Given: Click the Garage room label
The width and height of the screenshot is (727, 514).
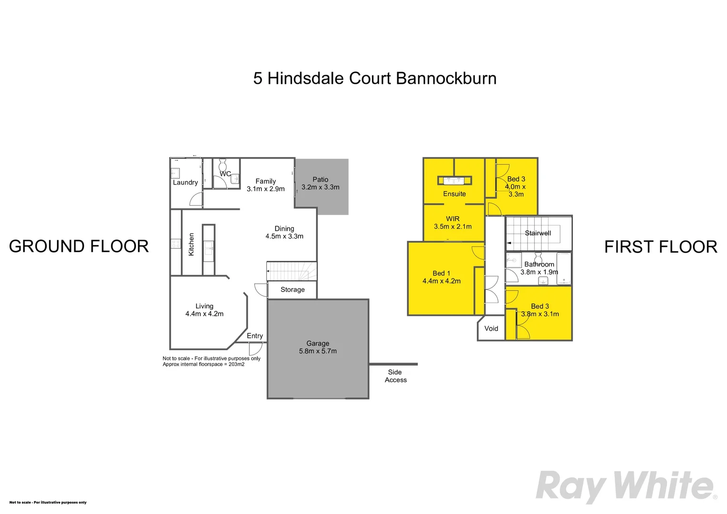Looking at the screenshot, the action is pos(318,343).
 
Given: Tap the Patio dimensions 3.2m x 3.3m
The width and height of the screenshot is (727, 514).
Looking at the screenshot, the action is pos(320,187).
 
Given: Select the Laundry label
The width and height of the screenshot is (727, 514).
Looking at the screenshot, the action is pos(186,182).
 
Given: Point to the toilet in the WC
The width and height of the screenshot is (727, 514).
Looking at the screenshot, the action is pos(223,165).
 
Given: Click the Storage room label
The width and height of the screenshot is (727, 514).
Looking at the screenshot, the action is pos(293,290).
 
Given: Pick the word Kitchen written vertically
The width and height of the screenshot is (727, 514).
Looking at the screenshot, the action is pos(191,244).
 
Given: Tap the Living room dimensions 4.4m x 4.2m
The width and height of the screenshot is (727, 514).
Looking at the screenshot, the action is pos(205,314).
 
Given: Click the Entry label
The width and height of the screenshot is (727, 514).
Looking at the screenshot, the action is pos(255,336).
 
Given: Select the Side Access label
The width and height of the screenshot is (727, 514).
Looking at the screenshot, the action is pos(395,376).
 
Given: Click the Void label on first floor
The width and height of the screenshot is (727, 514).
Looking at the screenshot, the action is pos(491,328).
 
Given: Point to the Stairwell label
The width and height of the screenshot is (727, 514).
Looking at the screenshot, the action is pos(538,233).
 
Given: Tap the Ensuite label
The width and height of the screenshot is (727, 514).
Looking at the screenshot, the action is pos(454,194).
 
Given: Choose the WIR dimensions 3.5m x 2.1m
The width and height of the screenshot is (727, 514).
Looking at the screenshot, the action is pos(453,227).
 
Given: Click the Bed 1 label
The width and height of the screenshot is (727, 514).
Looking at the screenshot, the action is pos(442,273).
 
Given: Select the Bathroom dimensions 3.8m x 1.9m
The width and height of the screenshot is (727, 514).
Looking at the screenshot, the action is pos(539,272).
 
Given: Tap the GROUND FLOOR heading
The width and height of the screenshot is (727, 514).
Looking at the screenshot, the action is pos(79,246).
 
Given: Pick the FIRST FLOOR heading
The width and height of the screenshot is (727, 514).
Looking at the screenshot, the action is pos(661,247).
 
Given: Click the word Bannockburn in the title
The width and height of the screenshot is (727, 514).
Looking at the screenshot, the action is pos(446,78).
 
